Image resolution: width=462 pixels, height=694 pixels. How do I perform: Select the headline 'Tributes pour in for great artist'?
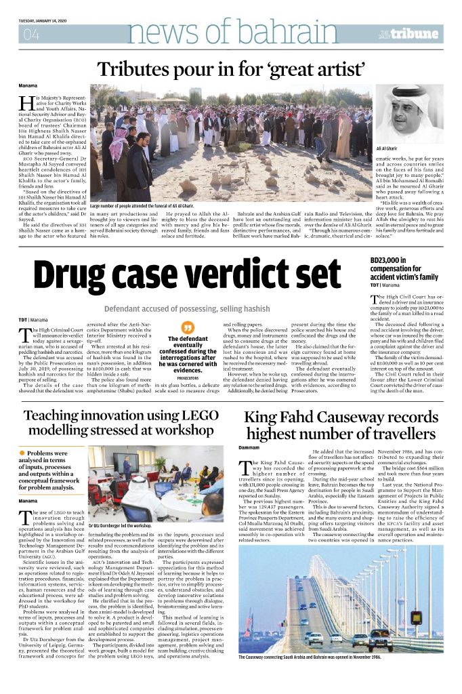[232, 69]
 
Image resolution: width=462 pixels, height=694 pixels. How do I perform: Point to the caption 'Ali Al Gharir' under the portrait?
[387, 148]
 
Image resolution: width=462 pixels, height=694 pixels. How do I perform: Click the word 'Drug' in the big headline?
[79, 274]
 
